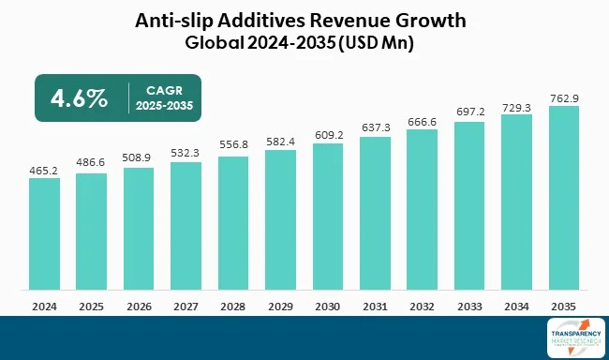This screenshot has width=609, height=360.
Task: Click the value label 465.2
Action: tap(45, 170)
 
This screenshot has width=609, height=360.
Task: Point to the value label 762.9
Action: tap(564, 97)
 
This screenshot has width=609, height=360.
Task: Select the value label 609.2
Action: tap(328, 135)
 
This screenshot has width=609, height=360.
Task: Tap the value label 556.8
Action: tap(233, 147)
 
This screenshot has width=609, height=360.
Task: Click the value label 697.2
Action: tap(469, 112)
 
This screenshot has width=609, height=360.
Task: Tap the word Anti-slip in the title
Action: tap(174, 20)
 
